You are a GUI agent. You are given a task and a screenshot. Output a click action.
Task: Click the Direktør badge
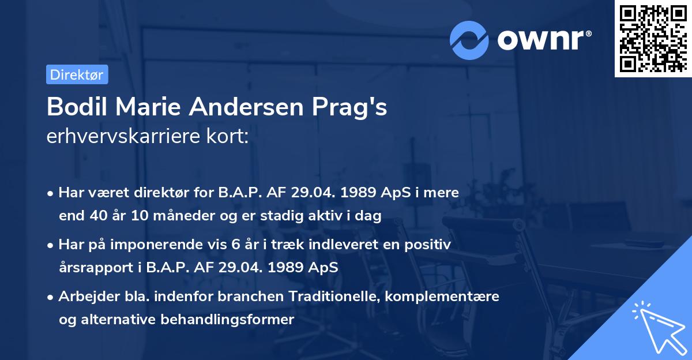[x=77, y=74]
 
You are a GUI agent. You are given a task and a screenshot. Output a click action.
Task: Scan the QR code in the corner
[x=653, y=38]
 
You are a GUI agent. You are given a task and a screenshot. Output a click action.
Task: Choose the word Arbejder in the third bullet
[x=83, y=297]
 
